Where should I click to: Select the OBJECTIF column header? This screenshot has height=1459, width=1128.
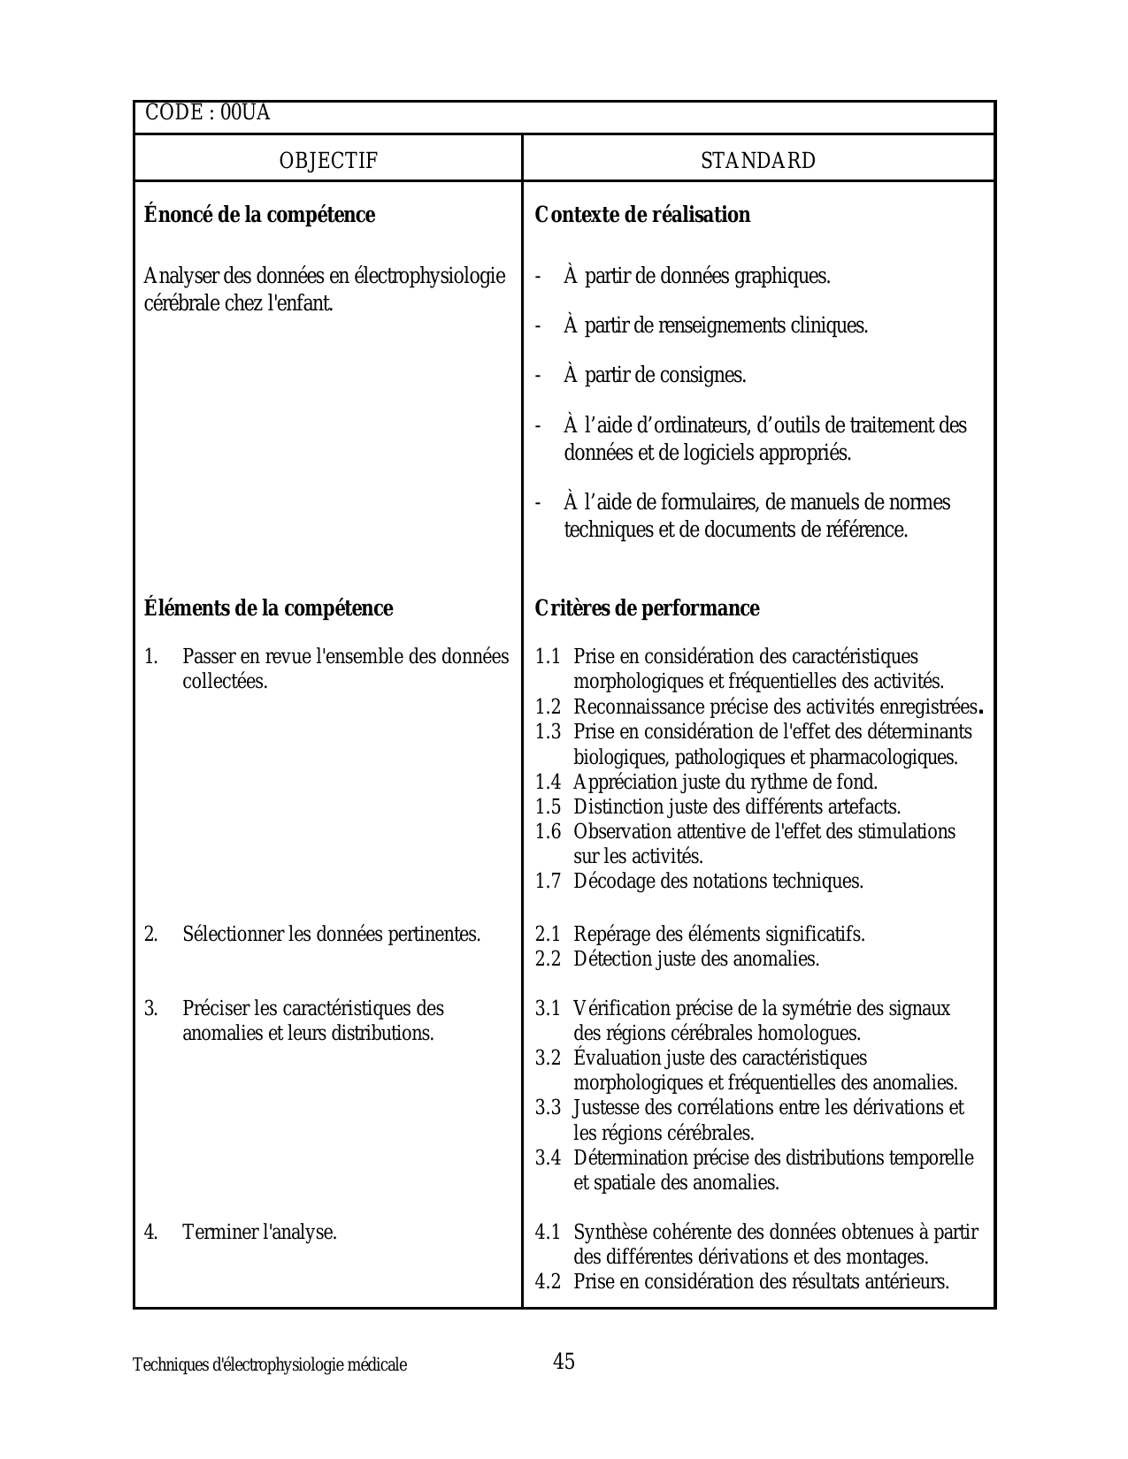(328, 161)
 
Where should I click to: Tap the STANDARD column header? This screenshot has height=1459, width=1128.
(758, 161)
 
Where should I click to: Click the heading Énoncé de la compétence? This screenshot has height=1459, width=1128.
(259, 215)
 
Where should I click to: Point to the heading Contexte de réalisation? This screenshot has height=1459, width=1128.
(642, 215)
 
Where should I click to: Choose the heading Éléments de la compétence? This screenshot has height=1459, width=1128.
(268, 608)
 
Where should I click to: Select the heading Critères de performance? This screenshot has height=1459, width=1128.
(647, 608)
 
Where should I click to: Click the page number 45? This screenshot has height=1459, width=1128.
(564, 1361)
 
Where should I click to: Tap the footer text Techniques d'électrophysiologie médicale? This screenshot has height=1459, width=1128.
(270, 1364)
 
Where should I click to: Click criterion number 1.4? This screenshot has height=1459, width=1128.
(548, 783)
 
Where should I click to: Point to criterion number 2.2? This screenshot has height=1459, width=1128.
(548, 959)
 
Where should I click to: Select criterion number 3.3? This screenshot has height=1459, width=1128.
(548, 1108)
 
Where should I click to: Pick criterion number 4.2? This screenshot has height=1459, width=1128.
(548, 1282)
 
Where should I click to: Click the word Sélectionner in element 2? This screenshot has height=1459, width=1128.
(234, 935)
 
